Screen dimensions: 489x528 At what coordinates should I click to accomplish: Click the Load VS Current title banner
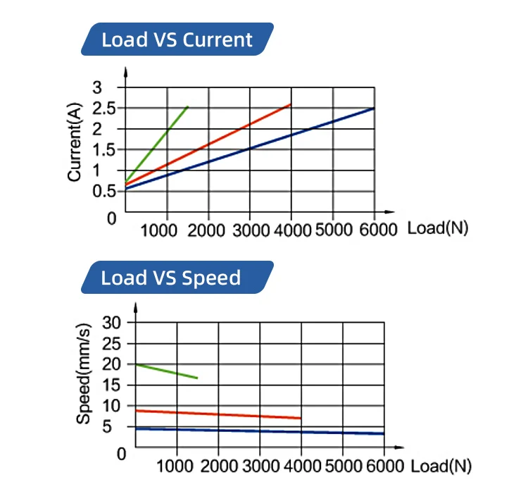[177, 39]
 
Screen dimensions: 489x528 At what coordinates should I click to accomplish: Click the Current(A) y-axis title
[76, 142]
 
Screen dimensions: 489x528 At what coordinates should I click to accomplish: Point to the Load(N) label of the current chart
[437, 229]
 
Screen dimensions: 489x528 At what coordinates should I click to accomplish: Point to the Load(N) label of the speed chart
[441, 466]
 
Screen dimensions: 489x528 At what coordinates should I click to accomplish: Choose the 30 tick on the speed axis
[113, 322]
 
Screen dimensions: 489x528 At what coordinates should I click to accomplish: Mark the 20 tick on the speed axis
[113, 364]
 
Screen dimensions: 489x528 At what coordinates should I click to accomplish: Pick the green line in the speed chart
[168, 371]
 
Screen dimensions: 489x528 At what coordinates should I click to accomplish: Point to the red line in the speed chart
[218, 414]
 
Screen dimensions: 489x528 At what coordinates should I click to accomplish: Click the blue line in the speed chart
[260, 431]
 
